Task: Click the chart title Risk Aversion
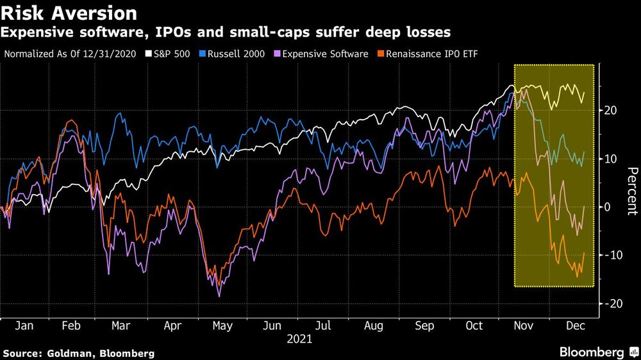pos(69,13)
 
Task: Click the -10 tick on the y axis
pos(608,256)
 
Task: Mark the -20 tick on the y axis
pos(608,304)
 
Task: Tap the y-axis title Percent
pos(631,190)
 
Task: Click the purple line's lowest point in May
pos(220,296)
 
